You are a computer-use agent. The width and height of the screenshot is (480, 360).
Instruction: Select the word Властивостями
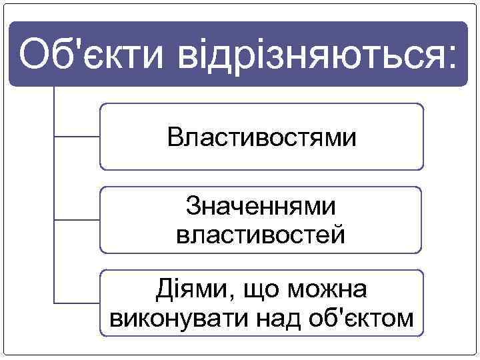tap(261, 138)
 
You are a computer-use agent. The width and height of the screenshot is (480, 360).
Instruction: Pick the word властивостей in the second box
tap(261, 235)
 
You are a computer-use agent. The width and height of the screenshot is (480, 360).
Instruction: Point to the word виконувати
tap(176, 319)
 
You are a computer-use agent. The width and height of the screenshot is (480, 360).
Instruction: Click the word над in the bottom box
tap(281, 319)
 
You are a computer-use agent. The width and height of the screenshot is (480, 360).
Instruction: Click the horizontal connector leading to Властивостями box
tap(76, 137)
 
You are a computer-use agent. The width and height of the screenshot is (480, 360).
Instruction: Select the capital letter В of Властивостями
tap(175, 138)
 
